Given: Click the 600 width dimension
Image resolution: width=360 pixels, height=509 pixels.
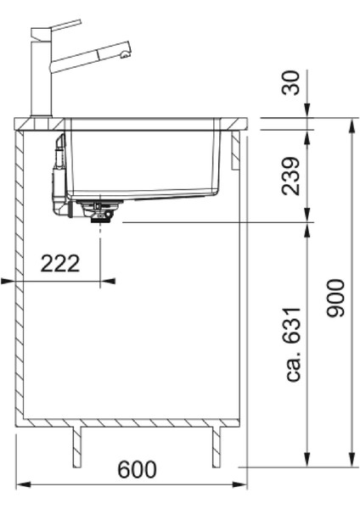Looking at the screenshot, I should click(138, 470).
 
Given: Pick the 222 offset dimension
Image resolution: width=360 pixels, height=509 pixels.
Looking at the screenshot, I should click(60, 263).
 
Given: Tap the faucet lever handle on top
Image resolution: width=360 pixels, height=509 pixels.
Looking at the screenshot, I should click(60, 27).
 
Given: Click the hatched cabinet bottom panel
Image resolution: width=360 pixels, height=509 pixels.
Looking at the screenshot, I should click(132, 422).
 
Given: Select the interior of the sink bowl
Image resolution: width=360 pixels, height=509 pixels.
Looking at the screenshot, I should click(144, 161).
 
